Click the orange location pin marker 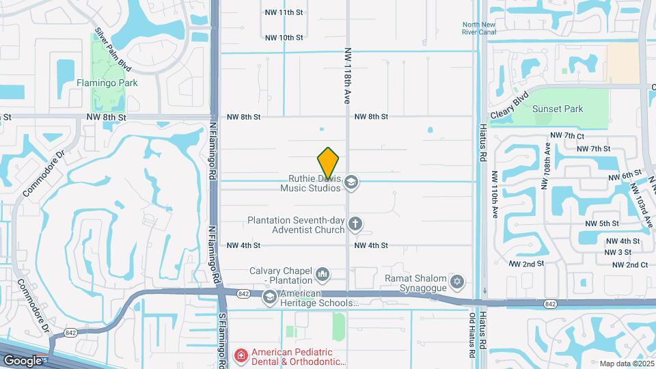(x=329, y=163)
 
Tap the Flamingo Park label (x=107, y=83)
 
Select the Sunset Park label (x=558, y=109)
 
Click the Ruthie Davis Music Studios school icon (x=352, y=182)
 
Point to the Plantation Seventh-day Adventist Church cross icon (x=355, y=223)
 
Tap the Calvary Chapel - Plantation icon (x=323, y=275)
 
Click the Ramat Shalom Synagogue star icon (x=457, y=281)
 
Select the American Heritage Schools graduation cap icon (x=269, y=297)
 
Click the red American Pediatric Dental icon (x=241, y=355)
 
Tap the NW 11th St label (x=284, y=12)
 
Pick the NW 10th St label (x=284, y=38)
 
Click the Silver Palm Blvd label (x=113, y=50)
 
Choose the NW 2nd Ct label (x=629, y=264)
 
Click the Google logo (x=23, y=360)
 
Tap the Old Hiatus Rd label (x=472, y=336)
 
